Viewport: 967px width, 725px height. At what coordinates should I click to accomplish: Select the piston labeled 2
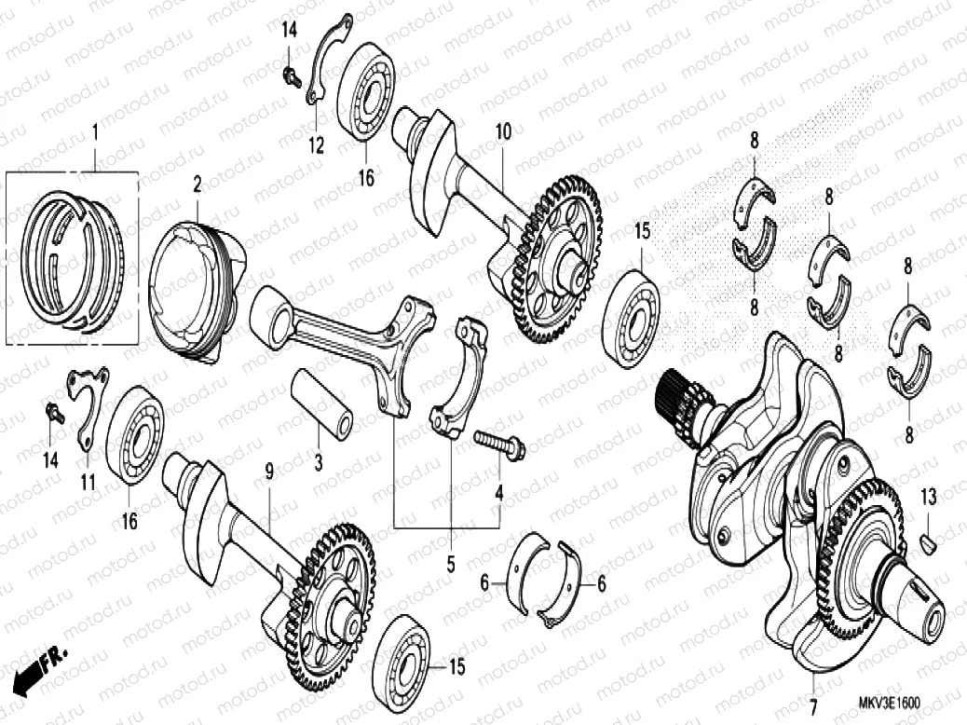[196, 291]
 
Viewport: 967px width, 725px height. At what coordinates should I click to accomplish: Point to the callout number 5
[450, 563]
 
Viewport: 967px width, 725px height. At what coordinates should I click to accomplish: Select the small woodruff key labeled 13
[928, 539]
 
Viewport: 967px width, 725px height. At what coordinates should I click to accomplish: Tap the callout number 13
[928, 497]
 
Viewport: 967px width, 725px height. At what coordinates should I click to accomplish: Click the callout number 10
[503, 132]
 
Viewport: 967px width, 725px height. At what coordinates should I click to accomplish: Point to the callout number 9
[269, 472]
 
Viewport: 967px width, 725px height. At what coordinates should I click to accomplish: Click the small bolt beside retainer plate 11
[54, 412]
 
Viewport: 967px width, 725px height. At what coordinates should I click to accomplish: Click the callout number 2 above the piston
[197, 185]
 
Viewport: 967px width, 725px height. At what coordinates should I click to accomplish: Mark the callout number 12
[317, 145]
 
